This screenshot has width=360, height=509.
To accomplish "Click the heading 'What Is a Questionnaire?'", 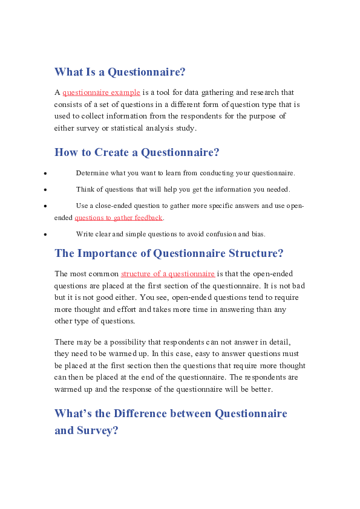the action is click(x=120, y=72).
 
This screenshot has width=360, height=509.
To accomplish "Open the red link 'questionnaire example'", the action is click(x=101, y=92).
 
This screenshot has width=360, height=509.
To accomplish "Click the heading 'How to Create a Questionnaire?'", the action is click(x=137, y=152).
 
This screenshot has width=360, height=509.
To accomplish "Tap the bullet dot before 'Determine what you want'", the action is click(x=46, y=174).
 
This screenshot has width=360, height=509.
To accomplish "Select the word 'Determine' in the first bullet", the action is click(x=91, y=173).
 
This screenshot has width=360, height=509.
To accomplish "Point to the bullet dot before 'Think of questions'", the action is click(x=46, y=190).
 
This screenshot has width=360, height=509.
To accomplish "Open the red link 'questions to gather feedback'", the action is click(x=119, y=218).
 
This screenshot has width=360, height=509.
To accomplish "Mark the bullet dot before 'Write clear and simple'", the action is click(x=46, y=234).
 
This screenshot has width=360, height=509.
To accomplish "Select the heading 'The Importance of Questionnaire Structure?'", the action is click(x=169, y=253).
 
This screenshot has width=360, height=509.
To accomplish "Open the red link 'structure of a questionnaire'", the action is click(x=168, y=274).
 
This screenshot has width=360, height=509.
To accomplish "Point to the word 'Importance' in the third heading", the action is click(x=113, y=253).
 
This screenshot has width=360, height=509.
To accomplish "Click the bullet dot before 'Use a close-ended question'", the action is click(x=46, y=206).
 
